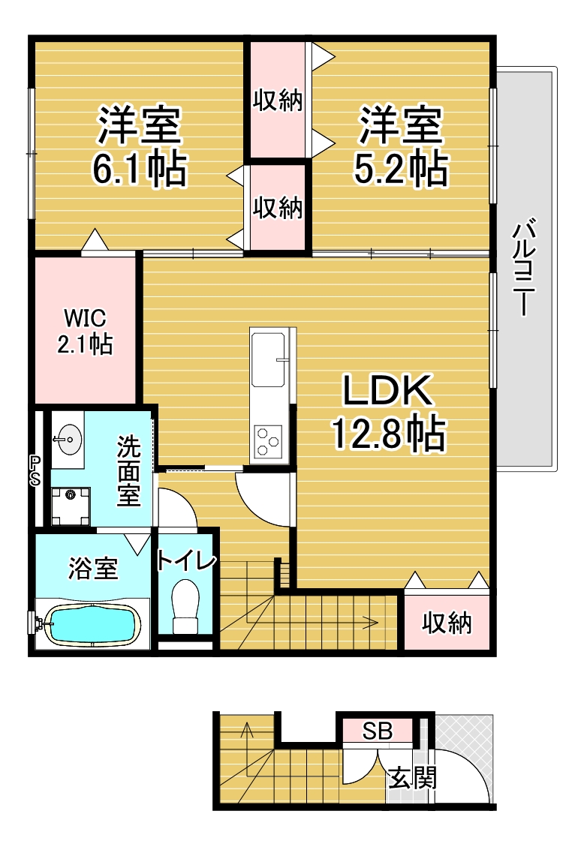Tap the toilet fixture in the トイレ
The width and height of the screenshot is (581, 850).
[185, 606]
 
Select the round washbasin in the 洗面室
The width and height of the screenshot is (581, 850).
[68, 438]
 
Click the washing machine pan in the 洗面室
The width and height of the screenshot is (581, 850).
[71, 506]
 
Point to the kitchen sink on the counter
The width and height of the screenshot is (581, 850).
[268, 359]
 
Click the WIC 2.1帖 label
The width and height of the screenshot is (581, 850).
[85, 331]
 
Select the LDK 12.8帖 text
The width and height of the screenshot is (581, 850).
[388, 412]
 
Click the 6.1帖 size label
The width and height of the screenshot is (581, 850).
[140, 169]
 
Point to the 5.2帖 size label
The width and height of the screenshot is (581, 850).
[402, 169]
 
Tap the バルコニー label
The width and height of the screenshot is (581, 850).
[524, 266]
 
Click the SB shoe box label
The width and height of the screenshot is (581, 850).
[378, 731]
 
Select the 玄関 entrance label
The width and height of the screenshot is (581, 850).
[414, 779]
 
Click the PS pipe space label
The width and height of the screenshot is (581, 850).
[35, 470]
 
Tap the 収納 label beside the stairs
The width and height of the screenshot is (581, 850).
[447, 623]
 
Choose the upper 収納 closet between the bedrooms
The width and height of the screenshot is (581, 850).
[278, 101]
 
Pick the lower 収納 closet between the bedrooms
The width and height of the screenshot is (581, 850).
[278, 208]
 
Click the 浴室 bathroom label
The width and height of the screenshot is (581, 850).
[93, 568]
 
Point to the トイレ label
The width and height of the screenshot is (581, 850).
[187, 560]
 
